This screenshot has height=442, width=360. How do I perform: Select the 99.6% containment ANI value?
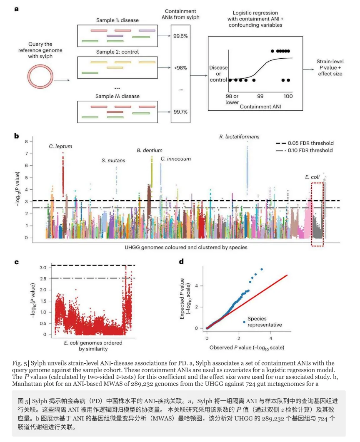point(180,36)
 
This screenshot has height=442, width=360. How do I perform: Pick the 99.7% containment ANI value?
point(180,112)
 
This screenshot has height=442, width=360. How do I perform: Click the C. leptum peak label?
point(60,146)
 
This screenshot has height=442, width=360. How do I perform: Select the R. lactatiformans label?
point(239,137)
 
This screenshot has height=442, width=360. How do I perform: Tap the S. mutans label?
point(113,160)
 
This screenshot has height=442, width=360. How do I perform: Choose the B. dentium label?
point(150,150)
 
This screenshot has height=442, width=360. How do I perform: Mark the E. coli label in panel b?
point(312,177)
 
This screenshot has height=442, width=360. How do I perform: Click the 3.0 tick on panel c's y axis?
point(43,268)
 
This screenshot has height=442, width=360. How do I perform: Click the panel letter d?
point(181,262)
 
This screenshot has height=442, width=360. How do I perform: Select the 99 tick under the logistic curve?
point(260,96)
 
